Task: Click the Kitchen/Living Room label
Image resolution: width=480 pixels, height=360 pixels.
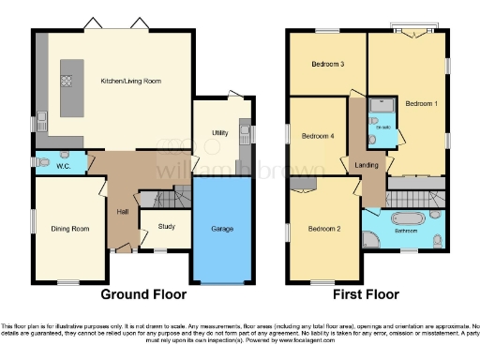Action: (132, 81)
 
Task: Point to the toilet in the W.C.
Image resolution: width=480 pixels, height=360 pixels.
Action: (45, 161)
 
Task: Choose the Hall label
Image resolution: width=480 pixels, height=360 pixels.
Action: (122, 212)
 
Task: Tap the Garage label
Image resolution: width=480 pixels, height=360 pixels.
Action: (221, 229)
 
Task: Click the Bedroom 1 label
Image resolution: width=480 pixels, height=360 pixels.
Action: (421, 103)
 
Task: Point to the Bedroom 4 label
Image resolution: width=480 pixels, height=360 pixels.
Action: (317, 136)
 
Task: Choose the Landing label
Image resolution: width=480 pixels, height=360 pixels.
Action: (366, 166)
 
